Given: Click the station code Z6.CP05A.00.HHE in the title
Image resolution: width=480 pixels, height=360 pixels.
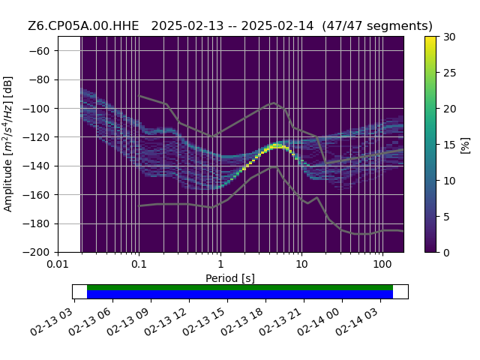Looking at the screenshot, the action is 83,26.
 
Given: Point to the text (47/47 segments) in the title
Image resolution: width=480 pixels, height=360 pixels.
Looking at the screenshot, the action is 377,26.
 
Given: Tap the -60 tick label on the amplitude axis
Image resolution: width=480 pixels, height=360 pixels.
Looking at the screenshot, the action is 39,51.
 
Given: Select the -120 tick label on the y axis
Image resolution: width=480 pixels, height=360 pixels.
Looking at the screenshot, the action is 37,137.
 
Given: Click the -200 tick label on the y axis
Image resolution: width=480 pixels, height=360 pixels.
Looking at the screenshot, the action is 37,253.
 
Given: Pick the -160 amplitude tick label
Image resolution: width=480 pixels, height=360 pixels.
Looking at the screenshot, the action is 37,195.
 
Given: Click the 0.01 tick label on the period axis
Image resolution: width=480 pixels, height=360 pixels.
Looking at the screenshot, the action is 58,264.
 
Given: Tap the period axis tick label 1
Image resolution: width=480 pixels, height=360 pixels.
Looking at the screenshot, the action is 220,264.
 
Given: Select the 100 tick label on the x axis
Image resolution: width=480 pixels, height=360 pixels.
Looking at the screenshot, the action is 382,264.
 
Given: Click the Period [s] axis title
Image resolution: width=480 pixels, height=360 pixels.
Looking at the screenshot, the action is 230,278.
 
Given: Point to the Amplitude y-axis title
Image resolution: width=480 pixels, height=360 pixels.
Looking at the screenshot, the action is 7,144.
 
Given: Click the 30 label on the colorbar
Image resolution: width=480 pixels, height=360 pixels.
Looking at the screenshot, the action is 449,37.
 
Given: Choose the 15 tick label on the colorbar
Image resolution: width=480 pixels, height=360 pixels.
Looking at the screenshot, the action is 449,145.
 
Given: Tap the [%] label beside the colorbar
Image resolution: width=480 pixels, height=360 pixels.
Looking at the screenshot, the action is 466,145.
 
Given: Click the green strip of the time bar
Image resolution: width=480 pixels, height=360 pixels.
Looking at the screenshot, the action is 240,287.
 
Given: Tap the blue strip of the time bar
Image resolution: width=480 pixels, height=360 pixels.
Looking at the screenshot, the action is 240,294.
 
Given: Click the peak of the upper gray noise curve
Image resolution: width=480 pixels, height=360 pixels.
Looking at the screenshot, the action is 274,103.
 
